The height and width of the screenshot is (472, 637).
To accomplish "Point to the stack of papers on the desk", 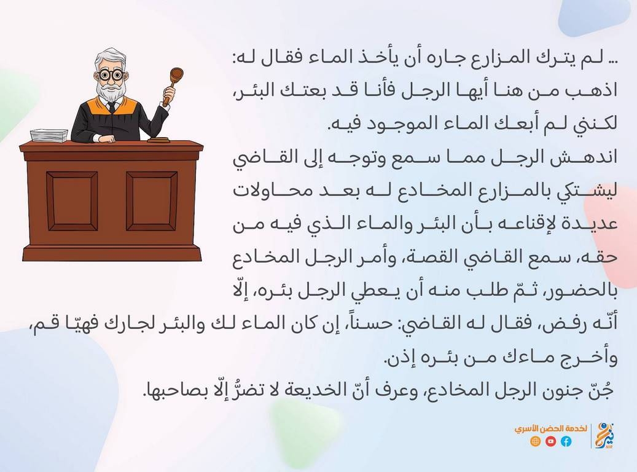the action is click(x=49, y=135).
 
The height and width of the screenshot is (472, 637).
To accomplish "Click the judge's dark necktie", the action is click(x=112, y=107).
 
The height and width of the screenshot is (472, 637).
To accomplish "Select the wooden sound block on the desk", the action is click(x=158, y=140).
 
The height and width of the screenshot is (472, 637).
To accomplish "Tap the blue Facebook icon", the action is click(x=566, y=441).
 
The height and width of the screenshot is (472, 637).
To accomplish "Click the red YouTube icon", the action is click(x=551, y=441).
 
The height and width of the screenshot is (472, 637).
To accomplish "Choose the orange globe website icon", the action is click(x=536, y=441).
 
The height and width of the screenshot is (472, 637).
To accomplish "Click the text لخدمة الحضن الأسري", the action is click(x=551, y=428).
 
